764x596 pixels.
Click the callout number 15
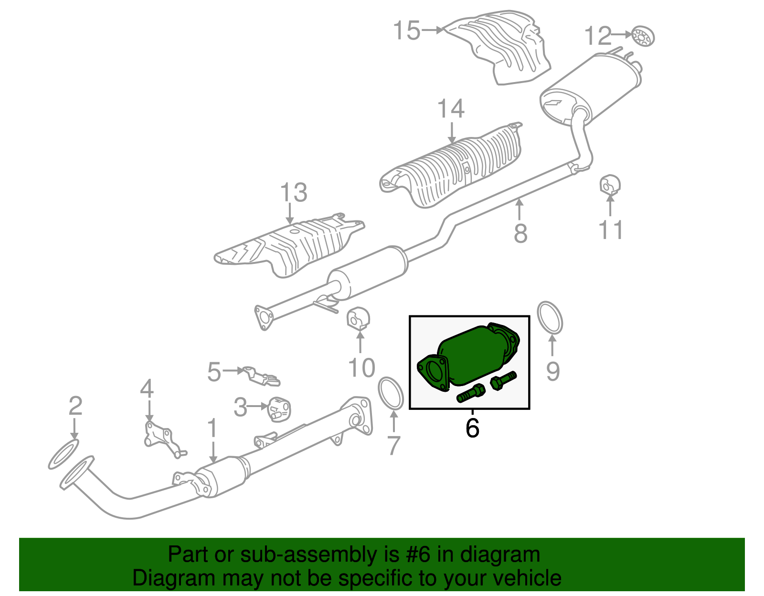tap(406, 31)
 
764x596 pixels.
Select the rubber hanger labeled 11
tap(610, 186)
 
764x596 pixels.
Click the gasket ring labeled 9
tap(550, 317)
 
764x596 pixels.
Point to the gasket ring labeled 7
tap(391, 393)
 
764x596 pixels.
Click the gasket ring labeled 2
tap(64, 455)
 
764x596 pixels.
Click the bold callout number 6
tap(472, 428)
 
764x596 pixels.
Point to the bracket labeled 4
tap(160, 438)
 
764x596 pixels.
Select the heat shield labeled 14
tap(454, 167)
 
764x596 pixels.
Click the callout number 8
tap(520, 233)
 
